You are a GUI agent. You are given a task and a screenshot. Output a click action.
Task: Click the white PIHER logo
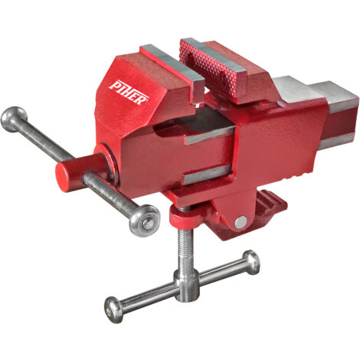[129, 93]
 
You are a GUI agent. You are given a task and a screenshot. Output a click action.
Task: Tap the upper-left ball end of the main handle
[13, 119]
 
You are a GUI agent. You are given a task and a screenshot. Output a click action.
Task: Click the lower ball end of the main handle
[145, 221]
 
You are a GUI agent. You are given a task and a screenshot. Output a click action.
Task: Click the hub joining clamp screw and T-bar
[186, 285]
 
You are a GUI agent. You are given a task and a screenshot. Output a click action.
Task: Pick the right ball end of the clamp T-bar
[251, 262]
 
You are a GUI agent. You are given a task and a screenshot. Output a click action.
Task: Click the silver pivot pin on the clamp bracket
[241, 222]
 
